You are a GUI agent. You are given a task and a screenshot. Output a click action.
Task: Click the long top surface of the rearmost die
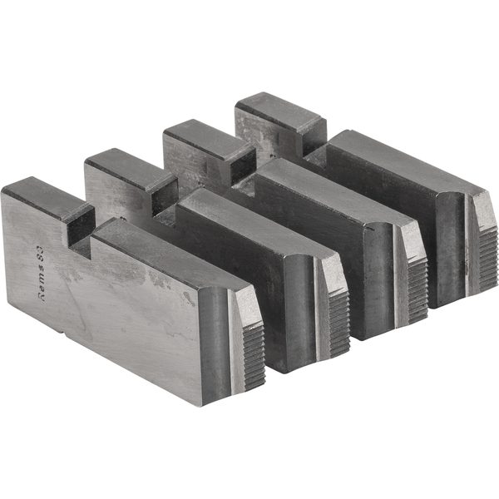pos(399,162)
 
